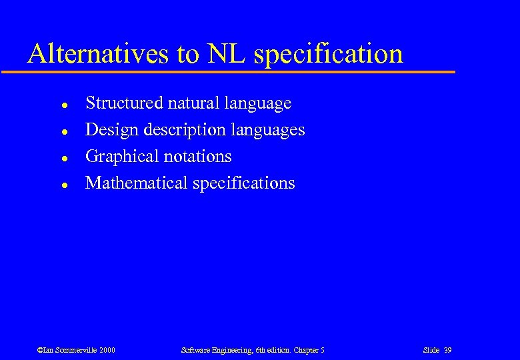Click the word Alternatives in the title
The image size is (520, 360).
pyautogui.click(x=98, y=54)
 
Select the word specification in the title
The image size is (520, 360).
pyautogui.click(x=328, y=54)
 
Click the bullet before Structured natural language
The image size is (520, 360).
pyautogui.click(x=62, y=104)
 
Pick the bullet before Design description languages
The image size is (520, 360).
pyautogui.click(x=62, y=131)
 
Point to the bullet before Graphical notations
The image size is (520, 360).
pyautogui.click(x=62, y=157)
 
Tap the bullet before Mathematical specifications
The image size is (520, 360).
pyautogui.click(x=62, y=184)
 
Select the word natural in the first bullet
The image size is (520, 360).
pyautogui.click(x=191, y=103)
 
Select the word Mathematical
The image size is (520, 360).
pyautogui.click(x=137, y=183)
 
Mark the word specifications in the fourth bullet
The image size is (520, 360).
pyautogui.click(x=243, y=184)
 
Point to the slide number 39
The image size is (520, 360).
pyautogui.click(x=448, y=350)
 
